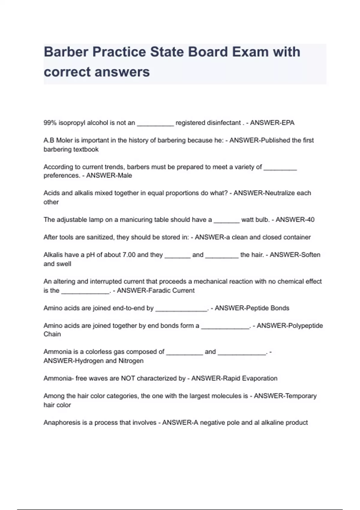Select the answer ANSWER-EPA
tap(272, 123)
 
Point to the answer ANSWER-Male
tap(109, 175)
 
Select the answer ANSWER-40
tap(295, 220)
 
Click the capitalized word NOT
tap(128, 378)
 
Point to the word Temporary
tap(300, 396)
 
